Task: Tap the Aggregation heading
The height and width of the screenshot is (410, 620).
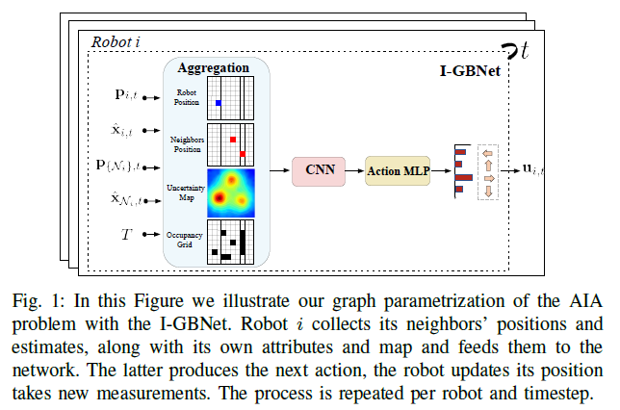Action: coord(215,68)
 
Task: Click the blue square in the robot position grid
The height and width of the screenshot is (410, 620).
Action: coord(219,102)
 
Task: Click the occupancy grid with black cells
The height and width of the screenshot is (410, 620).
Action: coord(231,242)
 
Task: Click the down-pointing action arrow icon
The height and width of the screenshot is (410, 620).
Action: coord(487,192)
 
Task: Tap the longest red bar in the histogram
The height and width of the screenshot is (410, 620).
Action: coord(464,178)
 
